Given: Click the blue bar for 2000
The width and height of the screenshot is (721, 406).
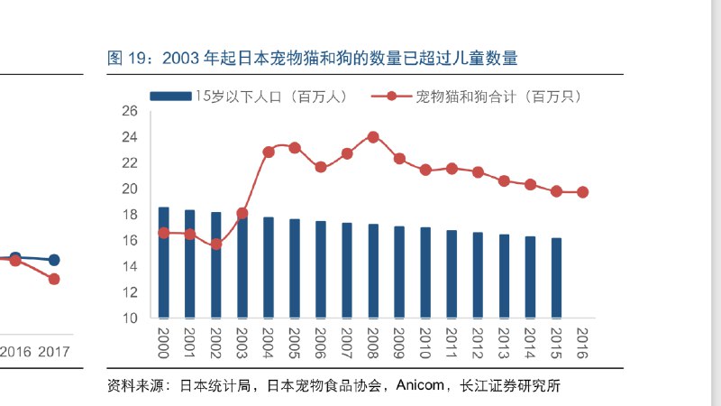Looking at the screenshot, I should (164, 263).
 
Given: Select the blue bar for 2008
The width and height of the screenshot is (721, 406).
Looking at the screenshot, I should (373, 271).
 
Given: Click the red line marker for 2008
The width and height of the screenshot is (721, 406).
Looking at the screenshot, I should (373, 137).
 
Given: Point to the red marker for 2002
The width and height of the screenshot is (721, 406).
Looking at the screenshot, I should (216, 244).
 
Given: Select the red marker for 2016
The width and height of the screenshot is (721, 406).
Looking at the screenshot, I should (582, 192).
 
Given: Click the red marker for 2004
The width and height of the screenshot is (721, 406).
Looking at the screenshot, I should (269, 152).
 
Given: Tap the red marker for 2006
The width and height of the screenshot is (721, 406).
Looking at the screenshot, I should (321, 167).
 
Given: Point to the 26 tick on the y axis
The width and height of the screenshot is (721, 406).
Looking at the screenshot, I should (129, 111).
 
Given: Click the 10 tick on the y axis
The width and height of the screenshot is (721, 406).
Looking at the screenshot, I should (129, 318).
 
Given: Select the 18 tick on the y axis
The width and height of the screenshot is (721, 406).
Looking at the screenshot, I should (129, 215).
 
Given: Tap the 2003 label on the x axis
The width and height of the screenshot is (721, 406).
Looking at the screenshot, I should (242, 341).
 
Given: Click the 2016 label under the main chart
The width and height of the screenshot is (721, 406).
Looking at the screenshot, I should (582, 341).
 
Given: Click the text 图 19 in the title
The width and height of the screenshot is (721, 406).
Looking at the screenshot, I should (127, 59).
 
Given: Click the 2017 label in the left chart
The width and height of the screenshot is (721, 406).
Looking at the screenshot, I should (53, 352).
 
